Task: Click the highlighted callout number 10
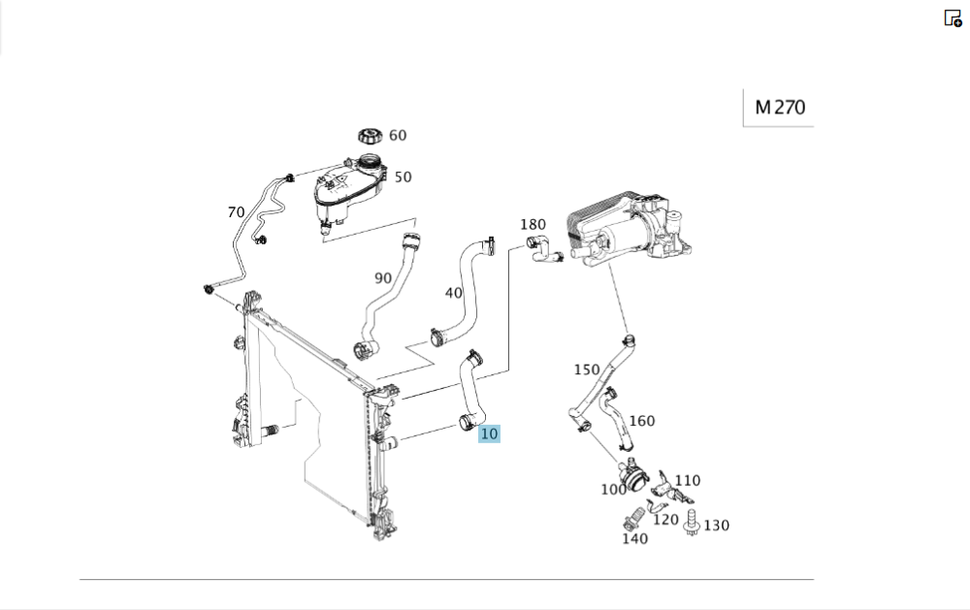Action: click(x=489, y=433)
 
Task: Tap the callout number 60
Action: click(x=398, y=136)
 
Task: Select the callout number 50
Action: click(x=403, y=177)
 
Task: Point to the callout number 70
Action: click(x=236, y=211)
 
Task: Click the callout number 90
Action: click(x=383, y=278)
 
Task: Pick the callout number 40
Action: click(x=453, y=293)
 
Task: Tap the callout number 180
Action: click(x=533, y=225)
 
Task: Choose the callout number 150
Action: click(x=587, y=369)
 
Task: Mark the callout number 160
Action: click(x=642, y=420)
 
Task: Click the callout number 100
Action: click(x=613, y=490)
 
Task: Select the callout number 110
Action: click(x=688, y=480)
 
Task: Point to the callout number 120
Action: click(x=665, y=519)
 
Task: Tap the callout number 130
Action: click(x=717, y=526)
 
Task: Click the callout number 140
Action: click(x=634, y=538)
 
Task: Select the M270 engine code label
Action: click(x=779, y=108)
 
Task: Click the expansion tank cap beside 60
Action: click(x=370, y=137)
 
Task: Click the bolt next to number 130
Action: click(x=693, y=521)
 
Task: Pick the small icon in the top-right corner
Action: click(x=953, y=17)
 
